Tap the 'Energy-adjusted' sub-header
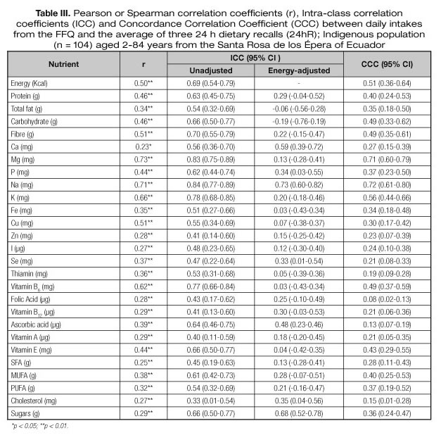(x=290, y=70)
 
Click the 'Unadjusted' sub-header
(x=210, y=70)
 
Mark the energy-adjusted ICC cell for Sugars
(x=290, y=413)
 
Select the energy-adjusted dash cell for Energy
(x=290, y=84)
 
